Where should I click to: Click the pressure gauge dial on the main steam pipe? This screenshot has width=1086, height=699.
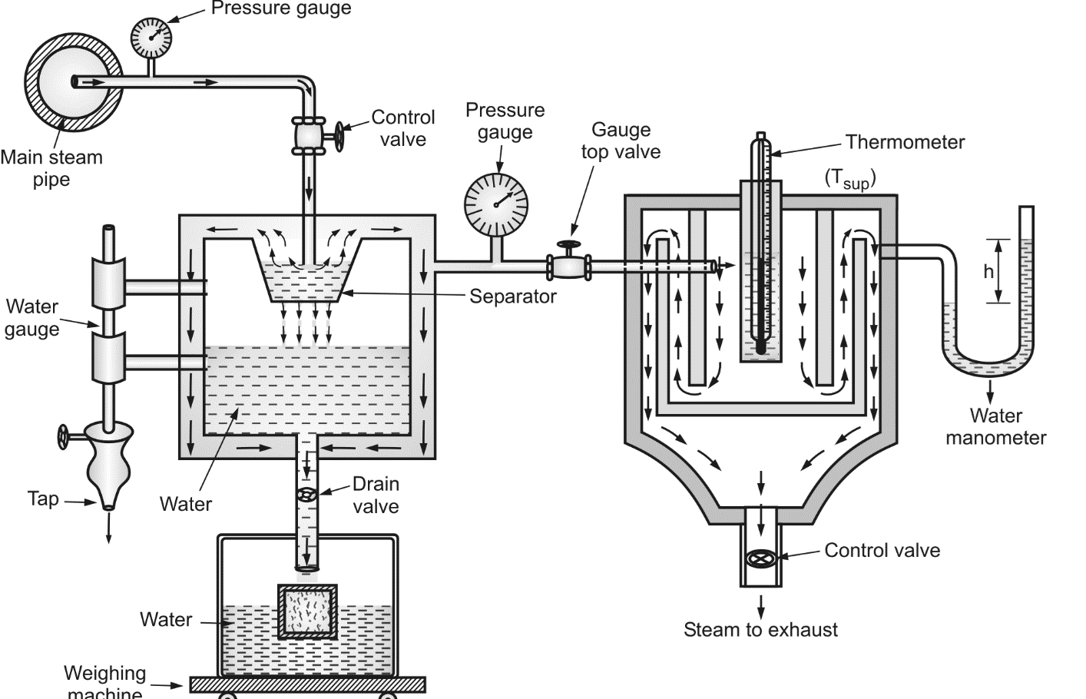pos(151,35)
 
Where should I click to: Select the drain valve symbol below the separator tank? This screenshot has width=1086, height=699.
pos(307,495)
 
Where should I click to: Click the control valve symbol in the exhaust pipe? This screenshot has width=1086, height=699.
pos(760,559)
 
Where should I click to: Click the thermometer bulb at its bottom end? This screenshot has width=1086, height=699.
pos(760,347)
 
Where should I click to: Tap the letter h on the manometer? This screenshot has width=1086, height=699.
pos(988,271)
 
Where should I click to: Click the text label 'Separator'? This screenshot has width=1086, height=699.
pos(512,296)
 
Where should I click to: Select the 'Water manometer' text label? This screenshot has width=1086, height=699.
pos(995,427)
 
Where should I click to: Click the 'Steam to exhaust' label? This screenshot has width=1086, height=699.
pos(760,630)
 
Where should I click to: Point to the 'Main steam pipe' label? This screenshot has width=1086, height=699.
pos(51,168)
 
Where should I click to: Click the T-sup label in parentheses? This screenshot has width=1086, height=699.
pos(850,179)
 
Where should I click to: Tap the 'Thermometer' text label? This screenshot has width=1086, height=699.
pos(905,142)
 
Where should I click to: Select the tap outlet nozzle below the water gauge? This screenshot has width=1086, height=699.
pos(108,502)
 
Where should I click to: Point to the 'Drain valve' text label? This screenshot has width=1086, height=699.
pos(376,495)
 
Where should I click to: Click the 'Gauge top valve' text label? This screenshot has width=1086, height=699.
pos(621,141)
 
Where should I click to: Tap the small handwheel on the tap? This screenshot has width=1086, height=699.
pos(62,436)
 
